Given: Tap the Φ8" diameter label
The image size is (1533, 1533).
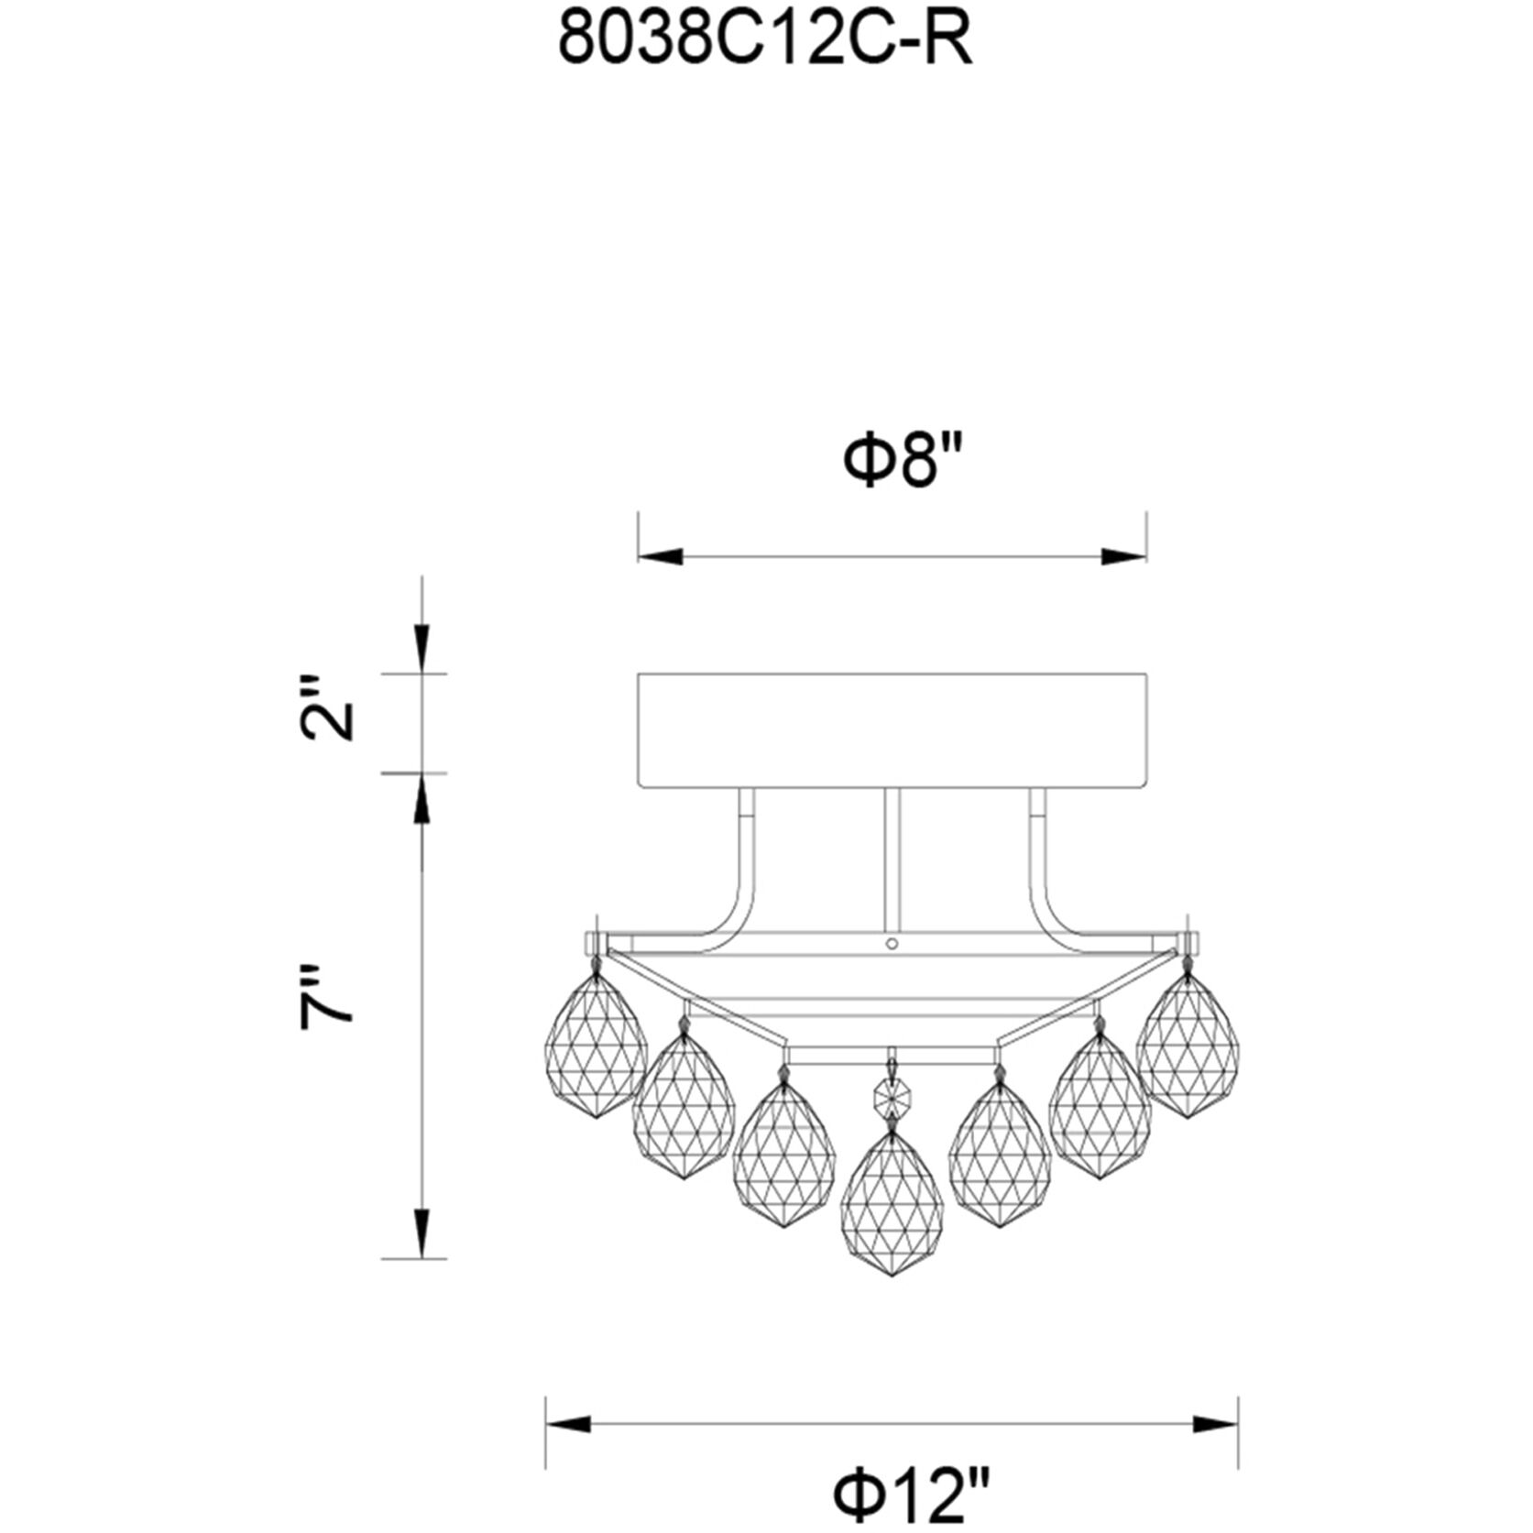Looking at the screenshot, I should [903, 463].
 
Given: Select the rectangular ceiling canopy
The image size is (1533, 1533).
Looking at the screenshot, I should [892, 730].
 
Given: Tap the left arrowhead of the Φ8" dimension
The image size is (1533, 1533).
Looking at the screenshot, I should [662, 556].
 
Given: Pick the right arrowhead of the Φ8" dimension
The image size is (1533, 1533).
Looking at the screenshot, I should [1123, 556].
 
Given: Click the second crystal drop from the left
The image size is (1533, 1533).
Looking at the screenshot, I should [684, 1106].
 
